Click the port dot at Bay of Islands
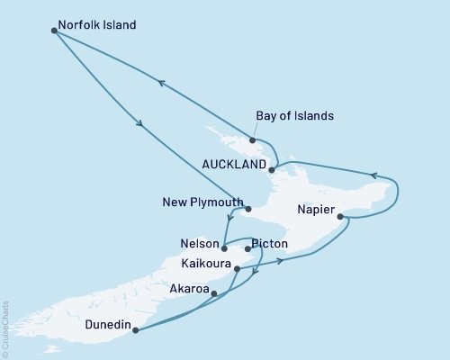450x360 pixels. pos(253,140)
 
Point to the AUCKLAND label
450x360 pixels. pos(234,166)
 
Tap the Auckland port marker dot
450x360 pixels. pos(271,167)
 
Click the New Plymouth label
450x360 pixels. pos(203,202)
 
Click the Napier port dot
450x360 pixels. pos(339,216)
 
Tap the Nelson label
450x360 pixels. pos(199,244)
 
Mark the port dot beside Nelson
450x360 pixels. pos(224,247)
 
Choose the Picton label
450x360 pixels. pos(270,244)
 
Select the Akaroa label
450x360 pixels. pos(188,290)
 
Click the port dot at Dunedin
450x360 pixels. pos(135,330)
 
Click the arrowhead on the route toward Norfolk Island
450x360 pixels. pos(160,83)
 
